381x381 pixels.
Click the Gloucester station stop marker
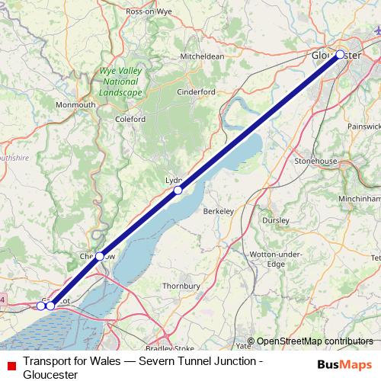340,55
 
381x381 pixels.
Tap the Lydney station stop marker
178,190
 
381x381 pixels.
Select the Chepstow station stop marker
100,256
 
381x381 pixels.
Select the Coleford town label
130,119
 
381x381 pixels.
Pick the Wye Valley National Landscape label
120,82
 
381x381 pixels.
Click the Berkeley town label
221,213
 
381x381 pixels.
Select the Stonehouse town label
315,162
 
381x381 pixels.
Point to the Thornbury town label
181,287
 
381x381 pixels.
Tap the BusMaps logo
345,363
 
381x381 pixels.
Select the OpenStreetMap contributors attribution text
315,341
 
